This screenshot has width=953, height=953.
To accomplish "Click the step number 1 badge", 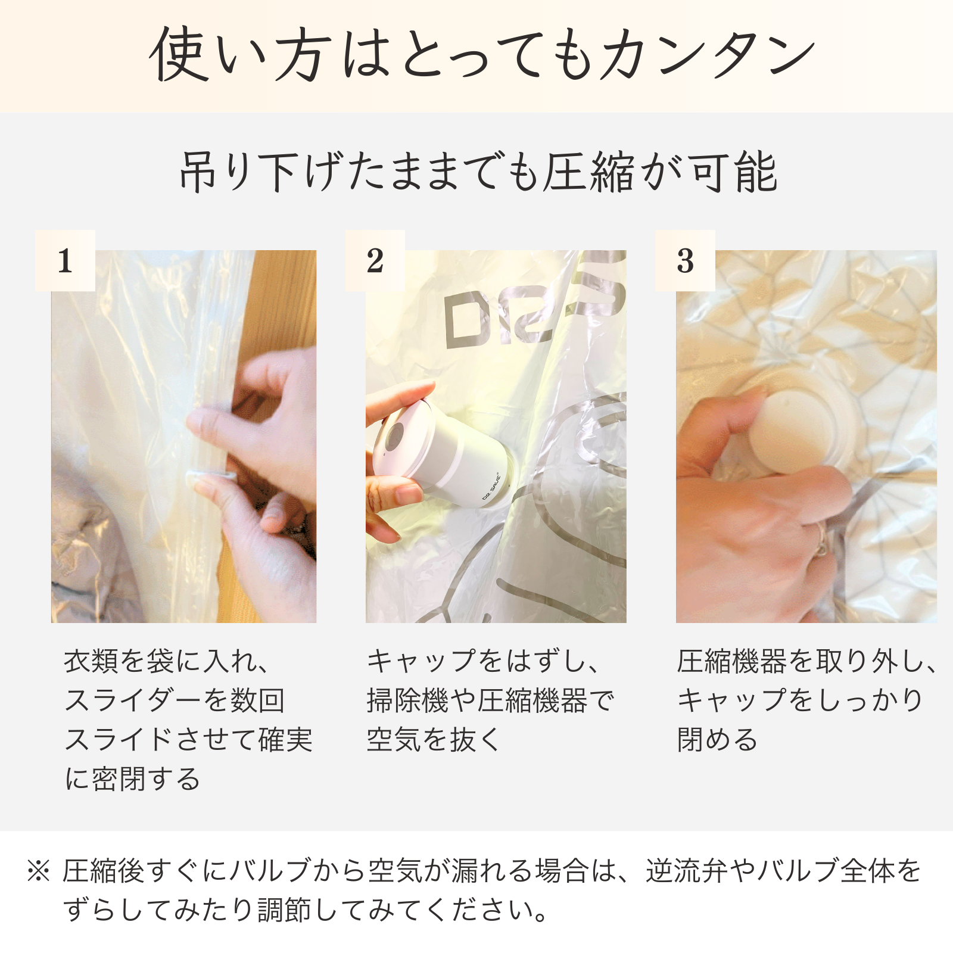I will (65, 261).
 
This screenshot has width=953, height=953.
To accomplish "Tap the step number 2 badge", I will (375, 261).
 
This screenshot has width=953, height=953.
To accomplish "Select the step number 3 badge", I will (685, 261).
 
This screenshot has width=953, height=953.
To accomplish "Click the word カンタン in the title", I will (708, 55).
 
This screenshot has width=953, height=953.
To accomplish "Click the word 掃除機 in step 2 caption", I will (407, 700).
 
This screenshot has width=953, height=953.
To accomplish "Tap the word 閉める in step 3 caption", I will (717, 740).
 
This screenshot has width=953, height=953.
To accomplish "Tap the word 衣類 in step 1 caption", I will (91, 661).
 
